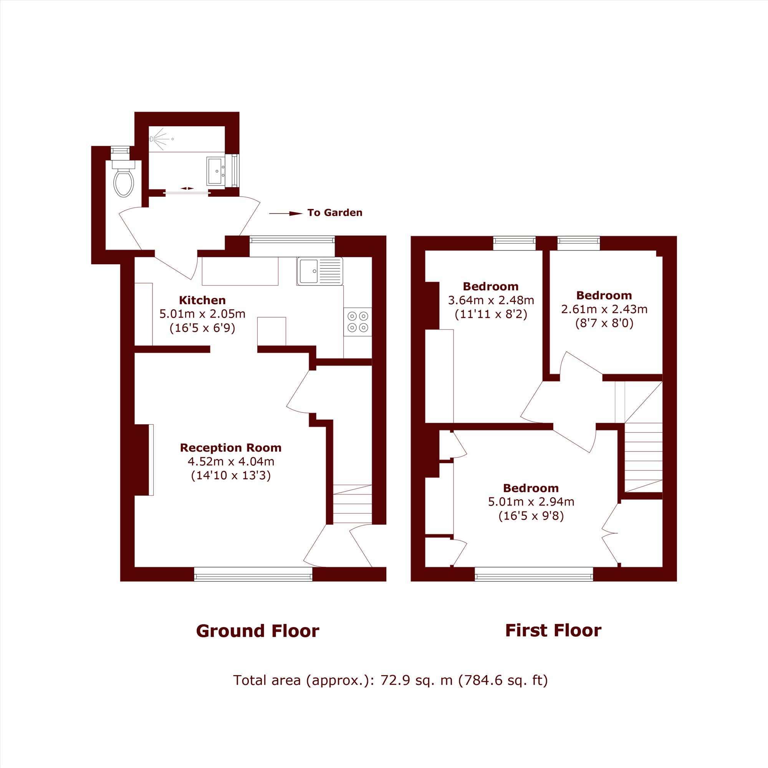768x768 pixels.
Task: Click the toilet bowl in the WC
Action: (124, 183)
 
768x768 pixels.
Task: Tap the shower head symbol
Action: (152, 139)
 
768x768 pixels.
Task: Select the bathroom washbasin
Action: (215, 171)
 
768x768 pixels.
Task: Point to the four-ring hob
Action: (358, 321)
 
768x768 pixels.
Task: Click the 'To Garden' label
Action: (335, 213)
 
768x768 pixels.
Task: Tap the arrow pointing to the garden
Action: (286, 214)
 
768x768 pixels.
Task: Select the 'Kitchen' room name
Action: (202, 300)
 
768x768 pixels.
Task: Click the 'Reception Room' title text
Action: (230, 448)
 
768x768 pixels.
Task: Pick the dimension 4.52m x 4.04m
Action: (230, 462)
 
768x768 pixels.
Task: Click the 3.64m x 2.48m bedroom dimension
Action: (491, 300)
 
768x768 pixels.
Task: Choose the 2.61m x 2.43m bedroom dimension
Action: (604, 309)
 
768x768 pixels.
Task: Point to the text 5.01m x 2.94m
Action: (531, 502)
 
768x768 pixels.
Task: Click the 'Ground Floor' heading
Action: (257, 631)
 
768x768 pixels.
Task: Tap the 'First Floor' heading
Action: (553, 631)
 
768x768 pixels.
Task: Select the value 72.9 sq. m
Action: (416, 680)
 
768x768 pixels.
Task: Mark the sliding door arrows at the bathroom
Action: (187, 189)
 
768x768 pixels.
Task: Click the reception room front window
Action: (253, 574)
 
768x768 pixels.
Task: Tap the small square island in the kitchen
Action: (271, 331)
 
